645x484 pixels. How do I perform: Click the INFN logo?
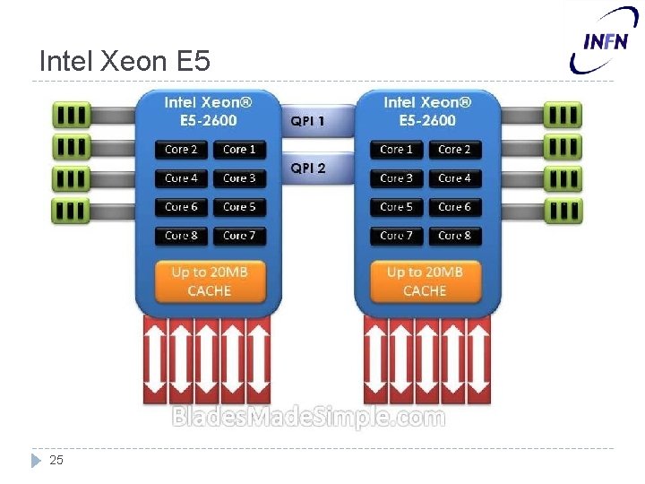[605, 39]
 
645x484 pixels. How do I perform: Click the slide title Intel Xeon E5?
[125, 61]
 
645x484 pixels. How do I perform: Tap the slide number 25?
[56, 460]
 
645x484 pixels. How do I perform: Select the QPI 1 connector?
[307, 120]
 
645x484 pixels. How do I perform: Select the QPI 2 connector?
[307, 168]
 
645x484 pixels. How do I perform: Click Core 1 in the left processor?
[239, 150]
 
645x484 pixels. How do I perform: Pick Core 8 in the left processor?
[182, 236]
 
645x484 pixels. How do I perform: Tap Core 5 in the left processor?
[239, 207]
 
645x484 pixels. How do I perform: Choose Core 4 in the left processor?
[182, 178]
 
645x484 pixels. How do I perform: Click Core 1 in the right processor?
[396, 150]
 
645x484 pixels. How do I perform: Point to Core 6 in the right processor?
[454, 207]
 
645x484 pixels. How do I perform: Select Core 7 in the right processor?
[396, 236]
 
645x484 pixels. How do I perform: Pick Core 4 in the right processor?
[454, 178]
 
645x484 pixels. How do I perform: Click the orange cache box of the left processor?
[210, 281]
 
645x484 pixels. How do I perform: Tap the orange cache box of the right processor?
[425, 281]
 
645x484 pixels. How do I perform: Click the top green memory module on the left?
[72, 114]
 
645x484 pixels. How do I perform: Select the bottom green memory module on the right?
[562, 211]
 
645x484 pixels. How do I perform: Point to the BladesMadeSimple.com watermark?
[307, 417]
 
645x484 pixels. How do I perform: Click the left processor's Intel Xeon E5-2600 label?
[209, 111]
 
